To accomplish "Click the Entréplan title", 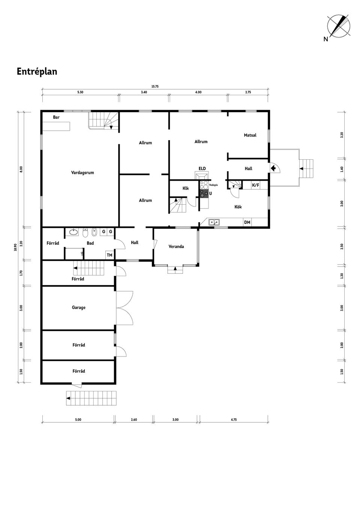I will click(37, 72).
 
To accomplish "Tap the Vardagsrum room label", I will click(82, 173).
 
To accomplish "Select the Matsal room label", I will click(250, 135).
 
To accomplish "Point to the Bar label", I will click(56, 117).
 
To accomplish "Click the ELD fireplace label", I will click(202, 169).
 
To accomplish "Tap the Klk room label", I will click(186, 189).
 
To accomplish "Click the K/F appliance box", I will click(255, 185).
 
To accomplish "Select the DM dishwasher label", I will click(247, 223).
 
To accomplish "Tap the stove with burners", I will click(204, 189).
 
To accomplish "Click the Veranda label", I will click(176, 247).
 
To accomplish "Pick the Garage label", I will click(79, 308).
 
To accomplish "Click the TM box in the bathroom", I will click(109, 255).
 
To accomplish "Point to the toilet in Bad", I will click(85, 233).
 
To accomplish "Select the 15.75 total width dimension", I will click(155, 87).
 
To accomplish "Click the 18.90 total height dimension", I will click(15, 247).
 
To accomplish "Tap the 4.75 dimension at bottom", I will click(234, 420).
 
